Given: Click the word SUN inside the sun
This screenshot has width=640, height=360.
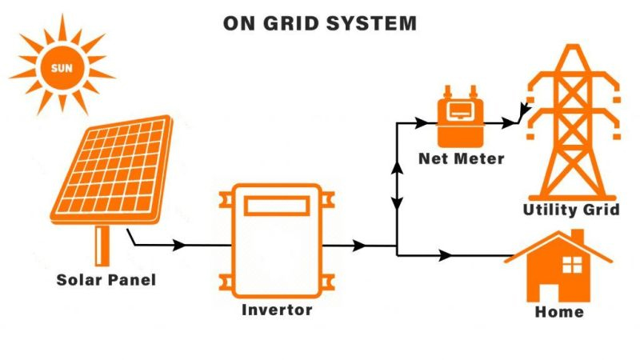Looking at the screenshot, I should click(x=62, y=67).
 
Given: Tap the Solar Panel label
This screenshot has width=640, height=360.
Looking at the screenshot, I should click(x=106, y=280).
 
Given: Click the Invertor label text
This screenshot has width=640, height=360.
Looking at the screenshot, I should click(x=277, y=309).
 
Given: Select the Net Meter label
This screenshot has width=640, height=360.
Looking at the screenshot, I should click(x=462, y=158).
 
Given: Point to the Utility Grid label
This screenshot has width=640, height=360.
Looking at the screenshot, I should click(x=571, y=210).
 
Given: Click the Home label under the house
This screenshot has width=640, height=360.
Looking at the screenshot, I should click(x=559, y=311).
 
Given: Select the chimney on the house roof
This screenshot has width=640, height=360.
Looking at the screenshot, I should click(x=577, y=238).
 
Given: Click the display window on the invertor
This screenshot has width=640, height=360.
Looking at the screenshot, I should click(x=277, y=206).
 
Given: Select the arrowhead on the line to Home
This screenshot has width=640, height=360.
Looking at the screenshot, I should click(x=445, y=255).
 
